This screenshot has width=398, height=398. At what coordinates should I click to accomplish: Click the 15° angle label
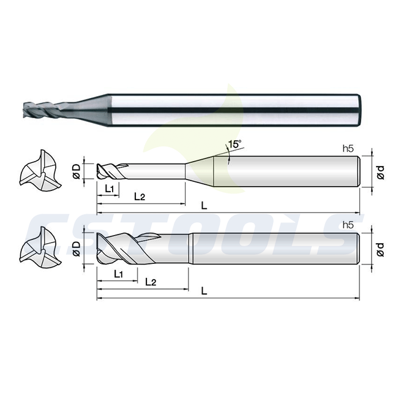[235, 144]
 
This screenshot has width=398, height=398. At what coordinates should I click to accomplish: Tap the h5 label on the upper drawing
[348, 149]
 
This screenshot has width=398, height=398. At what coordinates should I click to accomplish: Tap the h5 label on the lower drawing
[348, 225]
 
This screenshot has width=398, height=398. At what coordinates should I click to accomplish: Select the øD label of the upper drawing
[77, 171]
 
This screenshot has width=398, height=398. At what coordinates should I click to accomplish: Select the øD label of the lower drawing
[77, 249]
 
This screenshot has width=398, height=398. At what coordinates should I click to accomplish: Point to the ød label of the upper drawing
[380, 172]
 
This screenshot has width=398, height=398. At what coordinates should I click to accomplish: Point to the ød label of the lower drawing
[380, 249]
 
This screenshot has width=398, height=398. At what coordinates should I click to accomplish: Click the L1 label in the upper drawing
[110, 189]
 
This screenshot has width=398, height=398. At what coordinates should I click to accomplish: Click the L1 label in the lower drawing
[119, 274]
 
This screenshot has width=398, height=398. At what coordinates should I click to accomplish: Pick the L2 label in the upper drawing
[140, 196]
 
